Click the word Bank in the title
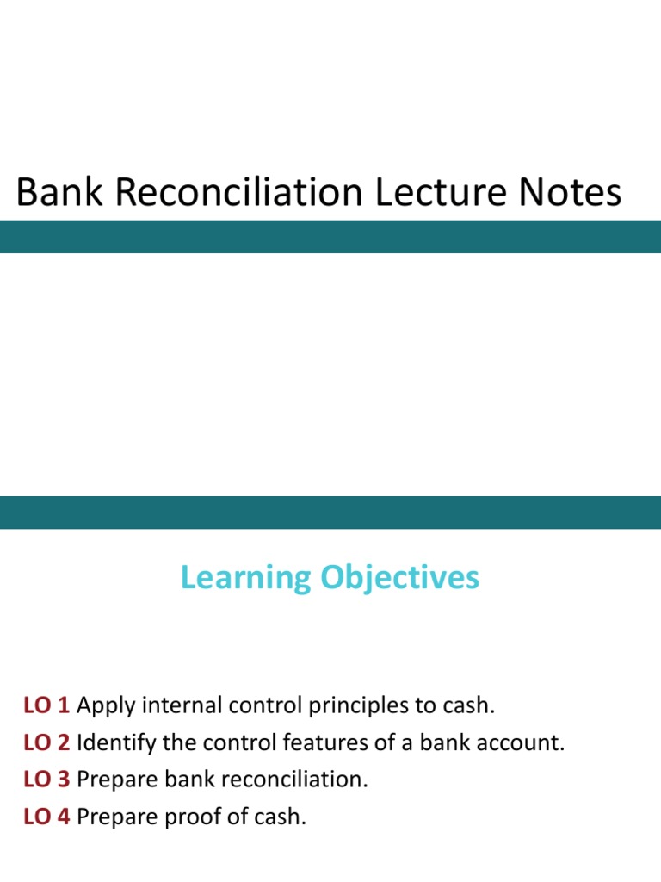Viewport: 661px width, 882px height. pyautogui.click(x=59, y=192)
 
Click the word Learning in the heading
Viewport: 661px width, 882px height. pyautogui.click(x=246, y=578)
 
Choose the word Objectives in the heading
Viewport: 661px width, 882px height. pyautogui.click(x=399, y=577)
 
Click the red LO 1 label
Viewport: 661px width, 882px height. pyautogui.click(x=46, y=706)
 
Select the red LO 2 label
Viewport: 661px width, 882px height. pyautogui.click(x=46, y=743)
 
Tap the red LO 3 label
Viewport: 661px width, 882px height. pyautogui.click(x=46, y=780)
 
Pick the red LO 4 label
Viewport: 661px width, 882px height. pyautogui.click(x=46, y=817)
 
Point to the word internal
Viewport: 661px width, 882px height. pyautogui.click(x=182, y=706)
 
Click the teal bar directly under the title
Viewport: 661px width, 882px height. pyautogui.click(x=330, y=237)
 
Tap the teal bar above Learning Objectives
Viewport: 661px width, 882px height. pyautogui.click(x=330, y=512)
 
